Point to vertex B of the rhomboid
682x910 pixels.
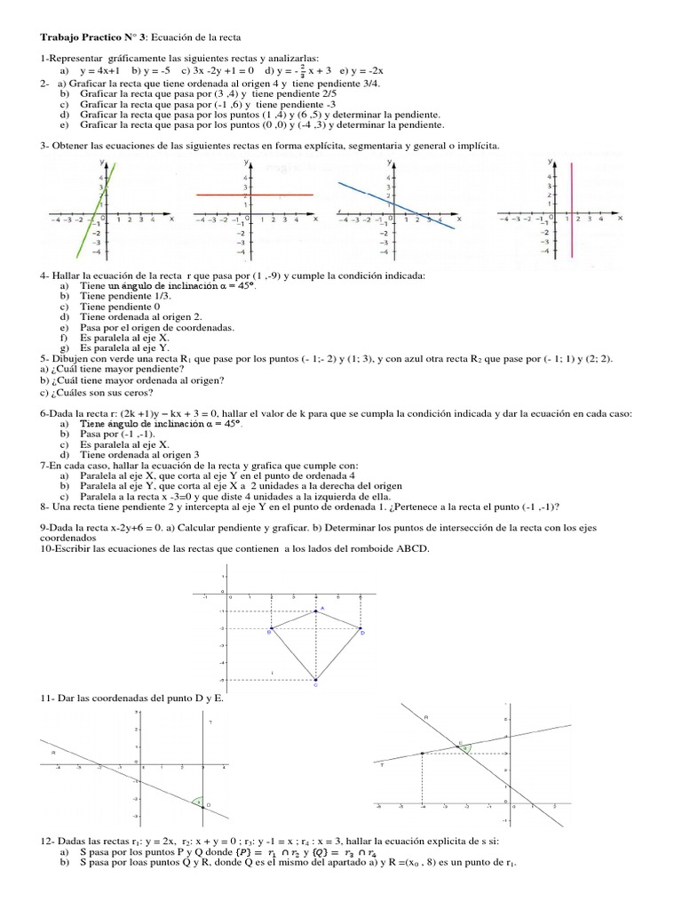click(x=271, y=629)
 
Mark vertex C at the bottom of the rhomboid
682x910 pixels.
click(x=316, y=680)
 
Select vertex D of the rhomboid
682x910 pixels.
click(x=361, y=629)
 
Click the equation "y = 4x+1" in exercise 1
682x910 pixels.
click(x=100, y=69)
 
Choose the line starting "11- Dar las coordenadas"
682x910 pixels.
click(x=133, y=698)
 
